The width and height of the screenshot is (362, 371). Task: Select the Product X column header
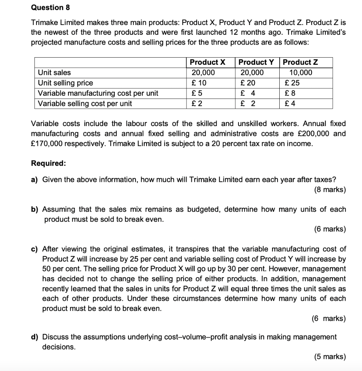(207, 62)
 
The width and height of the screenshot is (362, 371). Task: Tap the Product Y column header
(256, 62)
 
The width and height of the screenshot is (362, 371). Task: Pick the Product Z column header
(300, 62)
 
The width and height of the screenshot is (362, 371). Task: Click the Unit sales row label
(54, 72)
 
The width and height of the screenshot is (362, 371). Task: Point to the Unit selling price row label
(65, 83)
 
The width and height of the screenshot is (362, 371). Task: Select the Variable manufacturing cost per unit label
(98, 93)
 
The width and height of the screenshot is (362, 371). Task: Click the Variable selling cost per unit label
(85, 104)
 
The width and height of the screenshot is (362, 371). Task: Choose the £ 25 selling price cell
(292, 83)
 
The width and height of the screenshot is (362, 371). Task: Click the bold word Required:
(49, 163)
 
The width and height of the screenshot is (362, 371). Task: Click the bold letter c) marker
(35, 249)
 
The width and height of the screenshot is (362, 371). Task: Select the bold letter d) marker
(35, 337)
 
